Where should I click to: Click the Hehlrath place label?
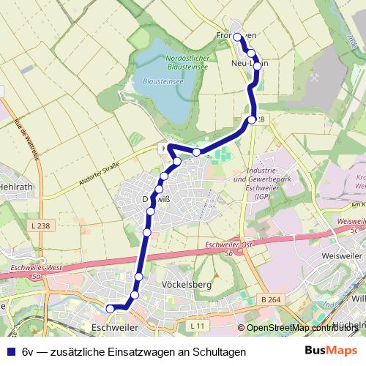tap(17, 187)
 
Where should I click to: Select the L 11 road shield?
tap(196, 324)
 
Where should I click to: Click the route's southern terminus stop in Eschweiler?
tap(111, 309)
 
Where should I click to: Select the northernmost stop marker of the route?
tap(237, 36)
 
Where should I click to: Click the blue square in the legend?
tap(10, 351)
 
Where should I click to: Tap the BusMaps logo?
tap(332, 351)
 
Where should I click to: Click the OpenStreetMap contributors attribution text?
tap(301, 328)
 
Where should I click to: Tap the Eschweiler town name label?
tap(116, 327)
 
